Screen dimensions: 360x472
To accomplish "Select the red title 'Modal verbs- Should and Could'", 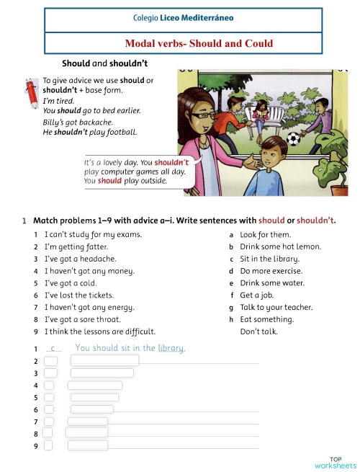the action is click(x=199, y=43).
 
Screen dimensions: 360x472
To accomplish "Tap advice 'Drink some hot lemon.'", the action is click(x=280, y=246).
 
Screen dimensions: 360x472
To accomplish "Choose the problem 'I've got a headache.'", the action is click(x=80, y=259).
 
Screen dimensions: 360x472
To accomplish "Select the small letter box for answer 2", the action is click(x=50, y=360).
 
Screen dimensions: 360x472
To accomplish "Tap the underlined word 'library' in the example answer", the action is click(x=171, y=348).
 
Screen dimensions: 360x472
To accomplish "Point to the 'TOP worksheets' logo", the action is click(x=336, y=462).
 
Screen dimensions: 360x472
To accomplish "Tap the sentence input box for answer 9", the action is click(x=86, y=445).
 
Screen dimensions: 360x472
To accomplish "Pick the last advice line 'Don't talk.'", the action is click(x=258, y=331).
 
